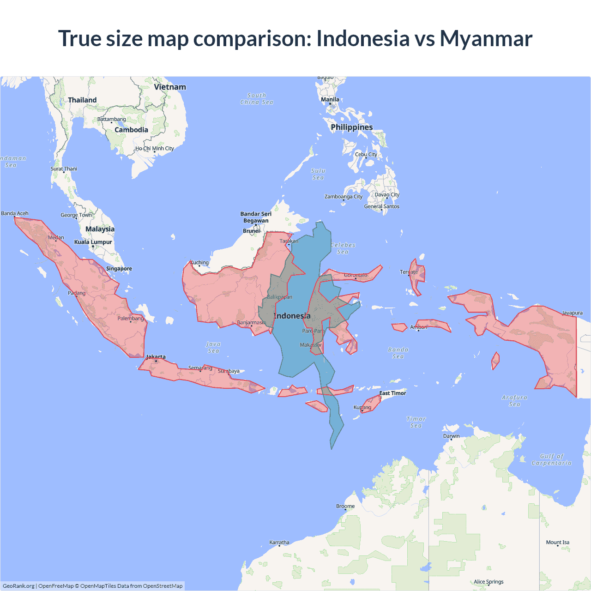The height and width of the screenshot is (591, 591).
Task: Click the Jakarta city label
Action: pyautogui.click(x=156, y=357)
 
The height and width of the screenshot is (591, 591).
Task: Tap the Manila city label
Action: pyautogui.click(x=330, y=99)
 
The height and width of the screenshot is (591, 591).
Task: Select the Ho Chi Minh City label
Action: pyautogui.click(x=155, y=148)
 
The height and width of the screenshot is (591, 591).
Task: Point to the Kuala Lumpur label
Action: pyautogui.click(x=93, y=242)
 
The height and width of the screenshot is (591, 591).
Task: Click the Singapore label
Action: pyautogui.click(x=119, y=269)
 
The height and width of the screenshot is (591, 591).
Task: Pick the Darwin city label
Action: pyautogui.click(x=452, y=436)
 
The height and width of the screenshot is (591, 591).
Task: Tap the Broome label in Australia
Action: pyautogui.click(x=345, y=506)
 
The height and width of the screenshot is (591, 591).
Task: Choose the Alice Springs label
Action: pyautogui.click(x=488, y=582)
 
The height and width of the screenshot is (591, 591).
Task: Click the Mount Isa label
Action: pyautogui.click(x=558, y=543)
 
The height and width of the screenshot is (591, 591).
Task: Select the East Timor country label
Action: pyautogui.click(x=393, y=393)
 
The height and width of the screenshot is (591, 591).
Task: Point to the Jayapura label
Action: pyautogui.click(x=573, y=313)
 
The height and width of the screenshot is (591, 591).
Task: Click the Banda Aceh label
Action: pyautogui.click(x=15, y=213)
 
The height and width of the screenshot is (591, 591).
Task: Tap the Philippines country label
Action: pyautogui.click(x=352, y=127)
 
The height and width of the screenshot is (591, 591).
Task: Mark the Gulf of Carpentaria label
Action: pyautogui.click(x=552, y=459)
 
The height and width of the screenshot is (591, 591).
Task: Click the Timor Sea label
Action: pyautogui.click(x=416, y=422)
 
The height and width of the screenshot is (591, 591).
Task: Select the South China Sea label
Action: pyautogui.click(x=257, y=99)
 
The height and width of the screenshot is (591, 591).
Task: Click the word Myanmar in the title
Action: pyautogui.click(x=486, y=38)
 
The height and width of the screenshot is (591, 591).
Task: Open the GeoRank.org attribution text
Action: pyautogui.click(x=18, y=586)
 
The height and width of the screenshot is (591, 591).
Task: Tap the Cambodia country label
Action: pyautogui.click(x=132, y=130)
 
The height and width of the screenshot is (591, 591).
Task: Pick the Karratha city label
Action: pyautogui.click(x=279, y=543)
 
